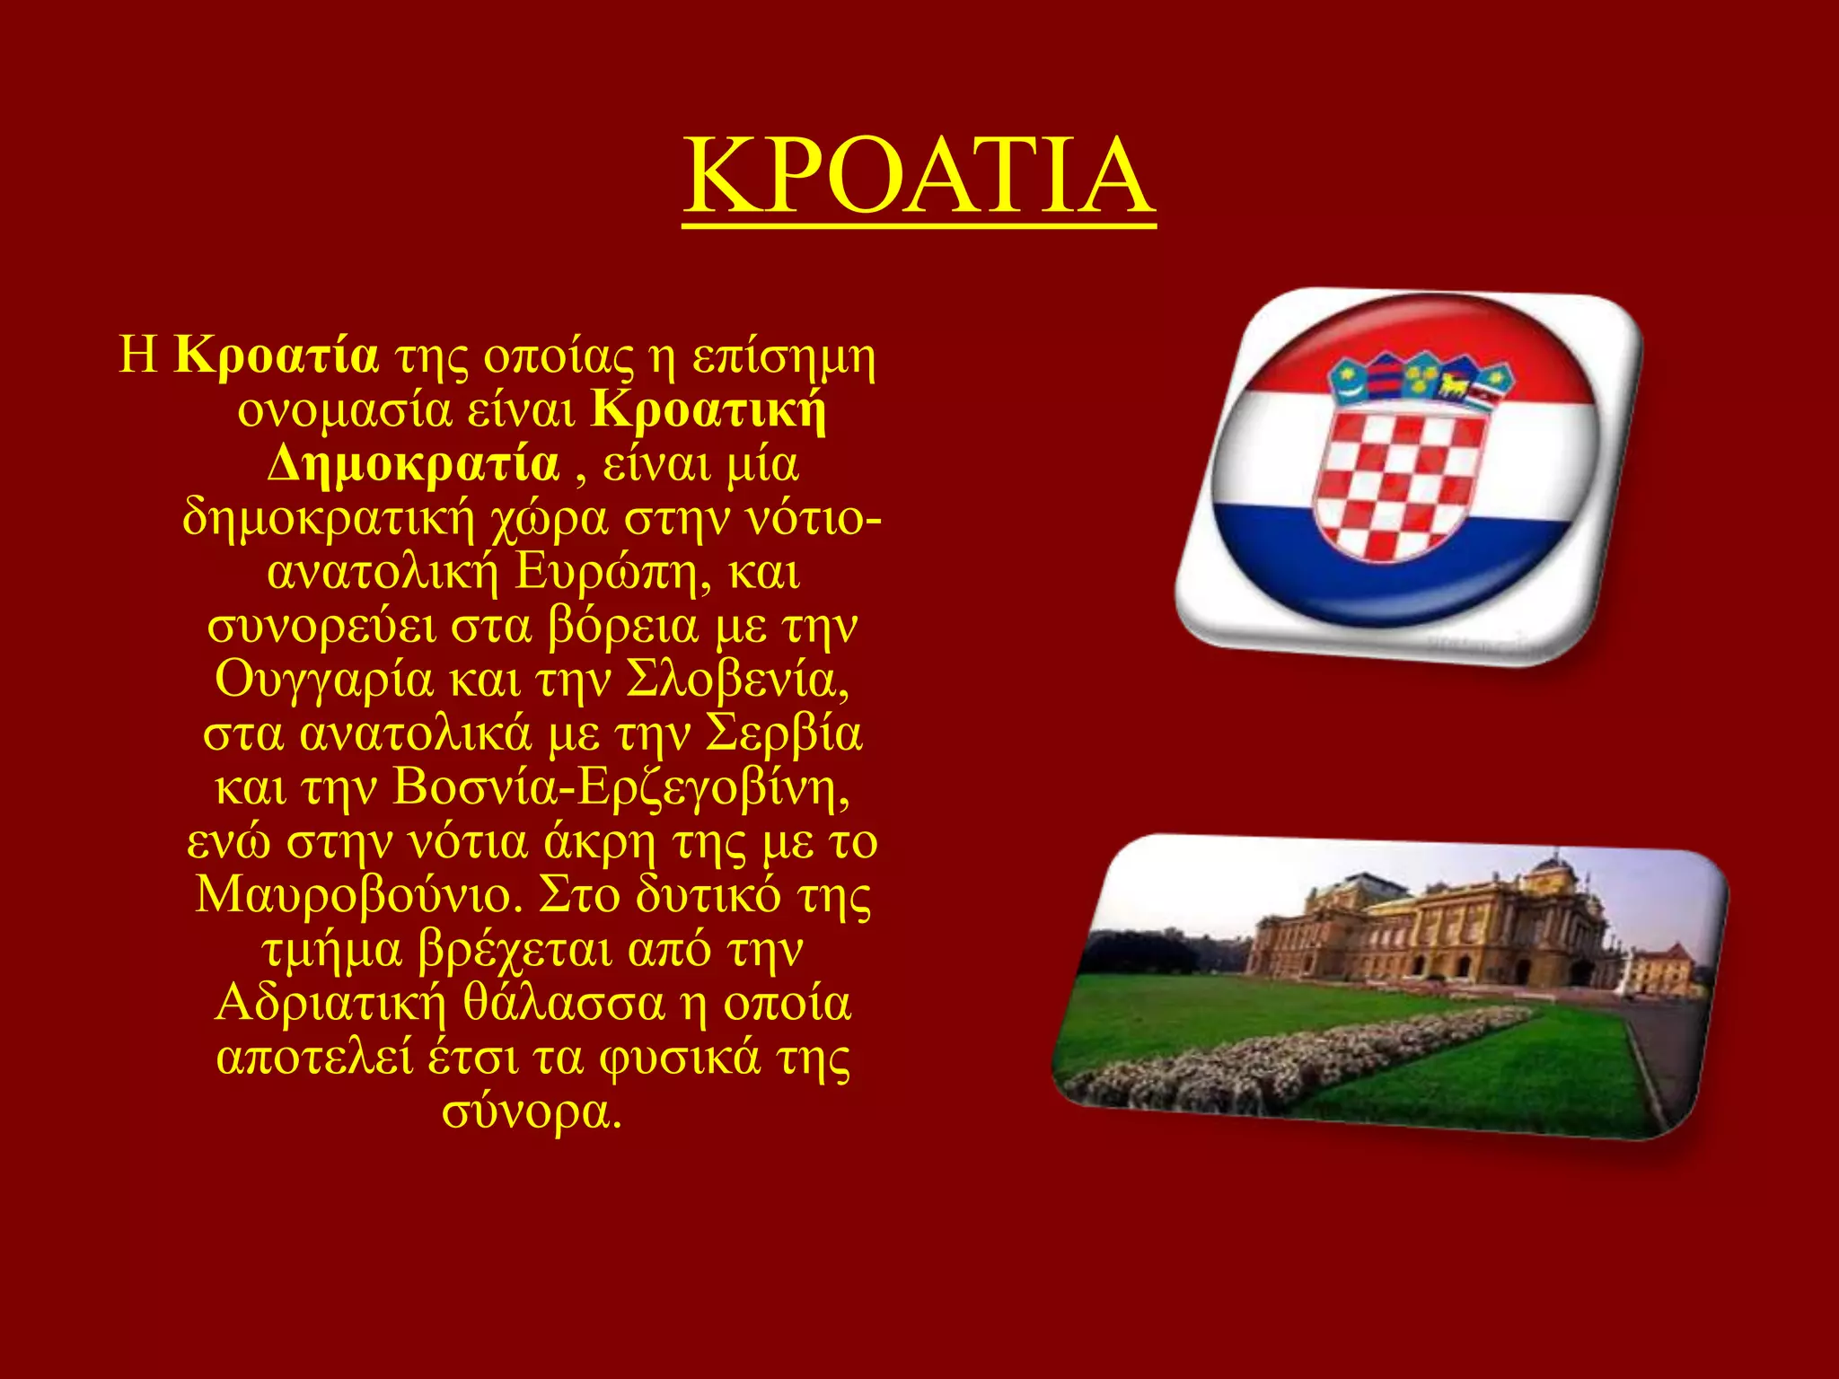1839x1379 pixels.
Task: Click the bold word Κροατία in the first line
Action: (x=276, y=356)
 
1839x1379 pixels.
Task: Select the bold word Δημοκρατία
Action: (x=413, y=464)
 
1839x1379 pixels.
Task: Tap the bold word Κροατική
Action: (x=709, y=410)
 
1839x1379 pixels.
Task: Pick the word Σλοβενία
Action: (x=736, y=680)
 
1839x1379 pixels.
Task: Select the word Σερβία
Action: (x=783, y=733)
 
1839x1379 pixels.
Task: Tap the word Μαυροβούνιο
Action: (x=359, y=895)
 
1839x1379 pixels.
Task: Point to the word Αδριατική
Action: (x=330, y=1003)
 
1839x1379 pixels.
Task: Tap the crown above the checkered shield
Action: (x=1421, y=382)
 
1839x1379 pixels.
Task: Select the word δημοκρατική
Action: (x=328, y=518)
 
